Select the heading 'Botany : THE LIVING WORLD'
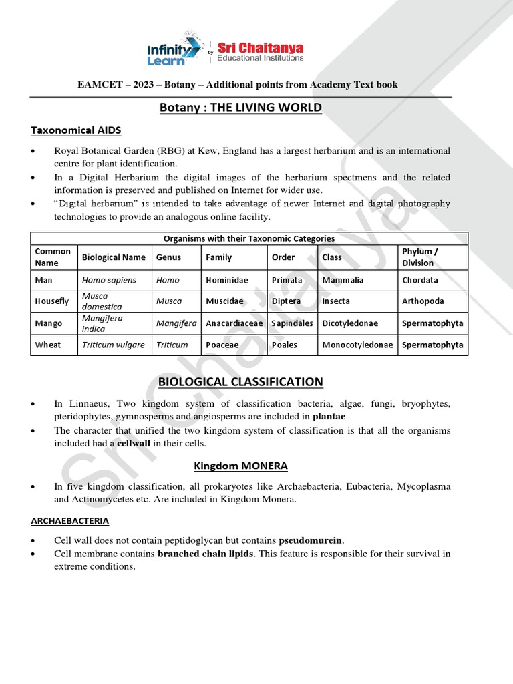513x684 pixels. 241,108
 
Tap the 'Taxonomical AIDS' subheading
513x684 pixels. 76,130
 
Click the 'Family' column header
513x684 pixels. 219,257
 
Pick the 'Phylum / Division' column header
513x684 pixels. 418,257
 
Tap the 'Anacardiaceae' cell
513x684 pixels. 234,323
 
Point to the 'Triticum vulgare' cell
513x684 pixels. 113,345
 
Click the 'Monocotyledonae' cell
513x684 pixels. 359,345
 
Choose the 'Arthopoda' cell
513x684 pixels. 423,301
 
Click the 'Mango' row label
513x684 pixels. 48,323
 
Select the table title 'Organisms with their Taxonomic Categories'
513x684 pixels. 249,238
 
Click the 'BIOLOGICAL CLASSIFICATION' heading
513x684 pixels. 240,382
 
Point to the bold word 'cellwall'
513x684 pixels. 134,444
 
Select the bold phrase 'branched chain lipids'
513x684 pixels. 206,554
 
